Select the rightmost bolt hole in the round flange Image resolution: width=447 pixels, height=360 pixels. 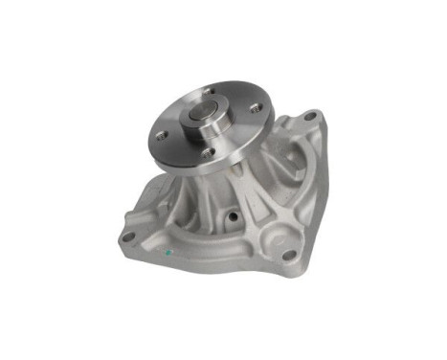coord(255,108)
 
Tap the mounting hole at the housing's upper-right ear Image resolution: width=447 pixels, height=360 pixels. coord(308,118)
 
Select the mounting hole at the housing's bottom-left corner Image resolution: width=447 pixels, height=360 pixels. coord(127,236)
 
